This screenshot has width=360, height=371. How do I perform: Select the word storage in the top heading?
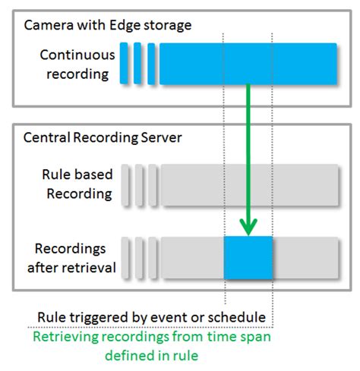pyautogui.click(x=163, y=25)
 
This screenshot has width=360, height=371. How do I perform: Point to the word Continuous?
pyautogui.click(x=77, y=55)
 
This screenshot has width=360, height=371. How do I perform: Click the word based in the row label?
pyautogui.click(x=94, y=175)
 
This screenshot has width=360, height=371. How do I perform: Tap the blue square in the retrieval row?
pyautogui.click(x=248, y=258)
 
